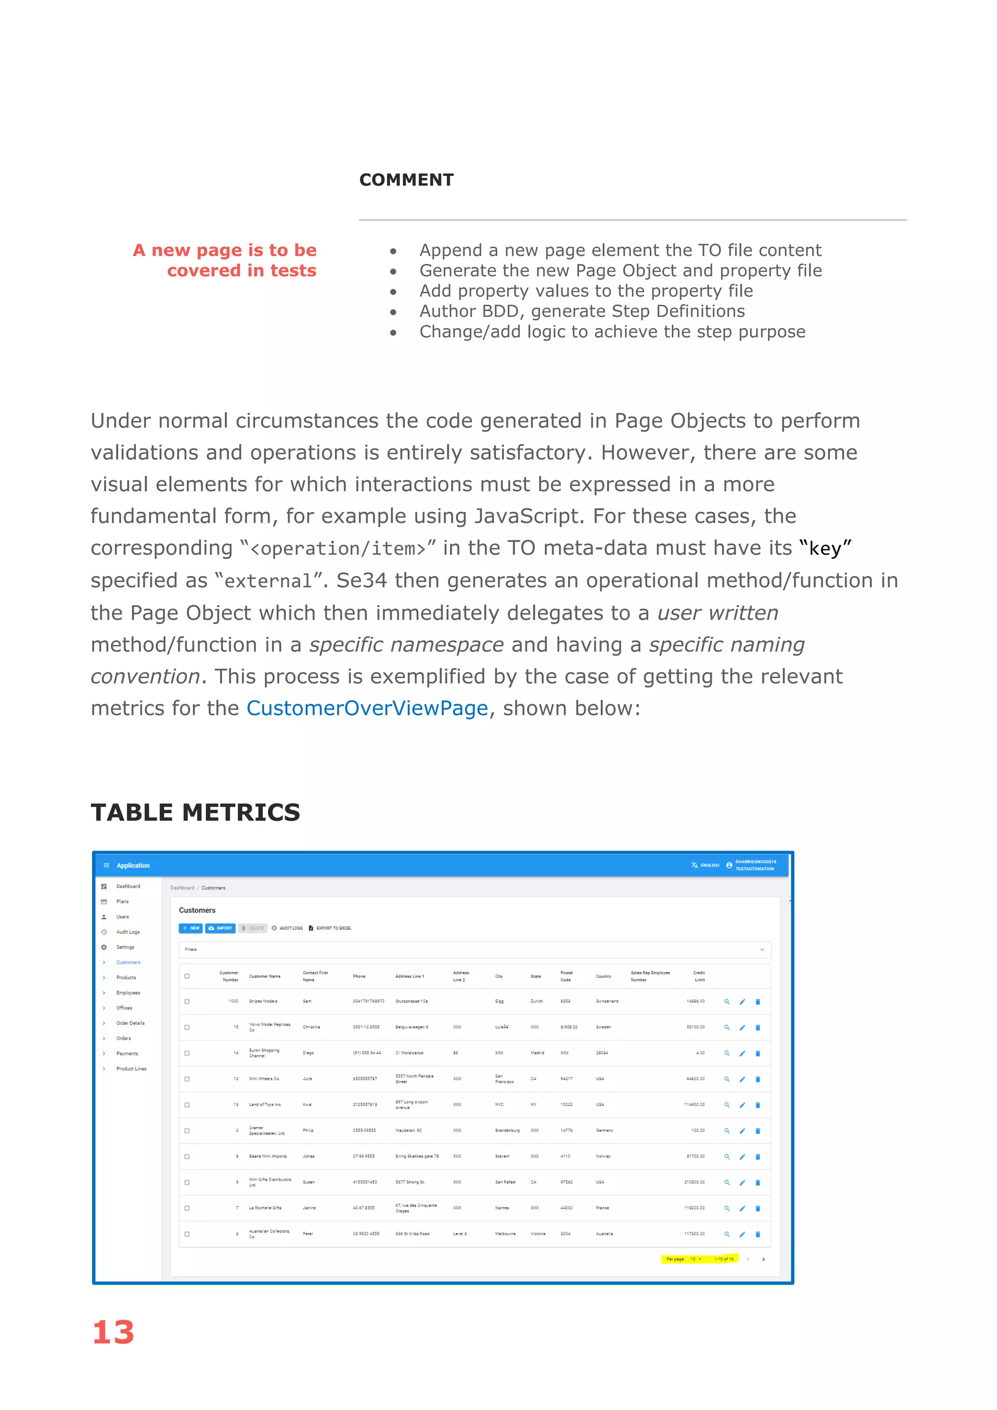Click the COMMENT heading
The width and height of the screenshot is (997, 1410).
click(406, 180)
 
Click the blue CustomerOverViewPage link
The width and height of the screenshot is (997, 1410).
click(367, 708)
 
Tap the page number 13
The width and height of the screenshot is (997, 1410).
click(113, 1333)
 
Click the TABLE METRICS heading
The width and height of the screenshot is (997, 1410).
click(195, 813)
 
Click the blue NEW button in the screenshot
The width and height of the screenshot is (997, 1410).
click(191, 928)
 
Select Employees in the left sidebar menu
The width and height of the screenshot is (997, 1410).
click(129, 992)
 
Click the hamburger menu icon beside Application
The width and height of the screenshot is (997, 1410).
click(106, 865)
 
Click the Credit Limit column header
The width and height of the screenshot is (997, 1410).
click(699, 976)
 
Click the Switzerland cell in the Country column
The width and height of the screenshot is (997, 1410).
click(607, 1001)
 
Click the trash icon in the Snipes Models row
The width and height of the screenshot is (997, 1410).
click(757, 1002)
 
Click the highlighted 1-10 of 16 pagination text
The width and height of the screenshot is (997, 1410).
click(723, 1259)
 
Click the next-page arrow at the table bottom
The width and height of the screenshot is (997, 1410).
click(763, 1260)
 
